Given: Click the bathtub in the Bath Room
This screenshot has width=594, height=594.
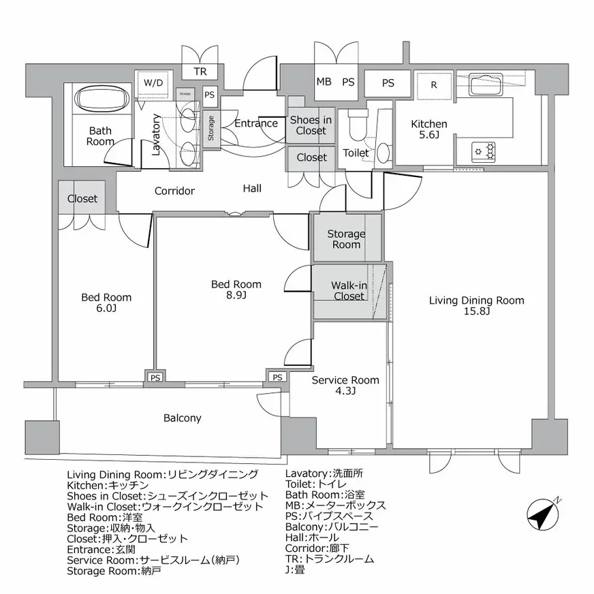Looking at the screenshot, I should pyautogui.click(x=100, y=99).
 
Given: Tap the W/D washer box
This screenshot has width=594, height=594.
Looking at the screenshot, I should pyautogui.click(x=153, y=83).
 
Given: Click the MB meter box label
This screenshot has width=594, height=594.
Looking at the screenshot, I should pyautogui.click(x=324, y=82).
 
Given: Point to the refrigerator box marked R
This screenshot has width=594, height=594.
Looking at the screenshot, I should pyautogui.click(x=433, y=85).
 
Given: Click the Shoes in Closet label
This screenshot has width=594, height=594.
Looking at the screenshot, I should pyautogui.click(x=311, y=125).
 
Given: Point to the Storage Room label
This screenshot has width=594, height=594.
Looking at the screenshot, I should pyautogui.click(x=346, y=239).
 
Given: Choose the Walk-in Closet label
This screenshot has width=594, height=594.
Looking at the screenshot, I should pyautogui.click(x=349, y=291).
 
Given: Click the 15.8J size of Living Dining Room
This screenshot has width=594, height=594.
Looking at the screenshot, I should pyautogui.click(x=475, y=312).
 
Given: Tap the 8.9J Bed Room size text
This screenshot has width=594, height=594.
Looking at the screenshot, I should pyautogui.click(x=235, y=296).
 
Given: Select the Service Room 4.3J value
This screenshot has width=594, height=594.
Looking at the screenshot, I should pyautogui.click(x=345, y=392).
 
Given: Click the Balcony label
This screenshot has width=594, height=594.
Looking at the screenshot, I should pyautogui.click(x=182, y=418).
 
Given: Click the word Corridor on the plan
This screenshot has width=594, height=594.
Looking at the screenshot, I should pyautogui.click(x=174, y=191).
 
